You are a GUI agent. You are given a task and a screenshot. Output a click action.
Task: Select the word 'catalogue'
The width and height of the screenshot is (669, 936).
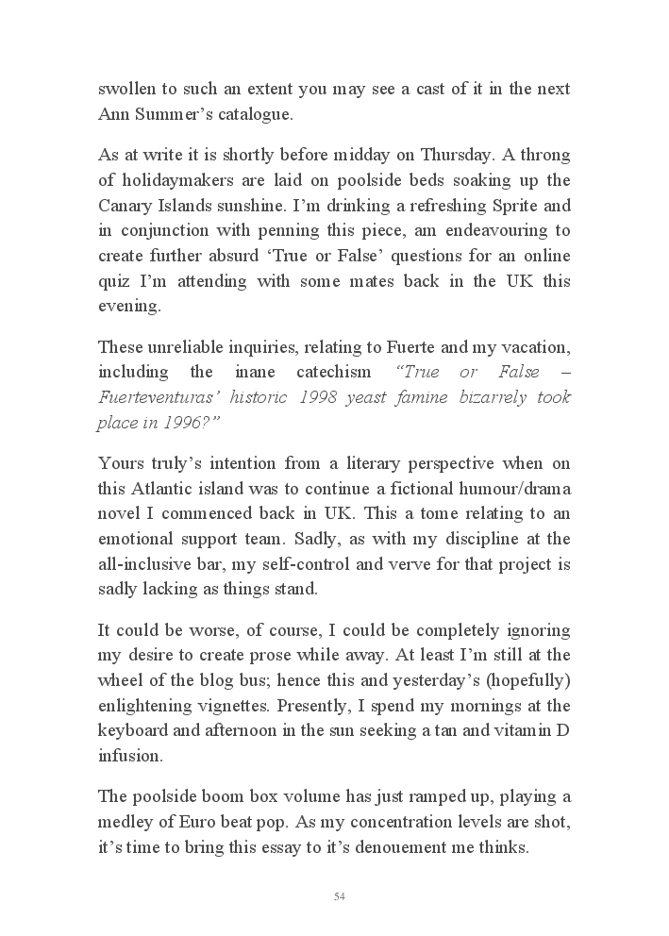251,114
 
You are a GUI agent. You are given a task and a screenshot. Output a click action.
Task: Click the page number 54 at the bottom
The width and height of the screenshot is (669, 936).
340,896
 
